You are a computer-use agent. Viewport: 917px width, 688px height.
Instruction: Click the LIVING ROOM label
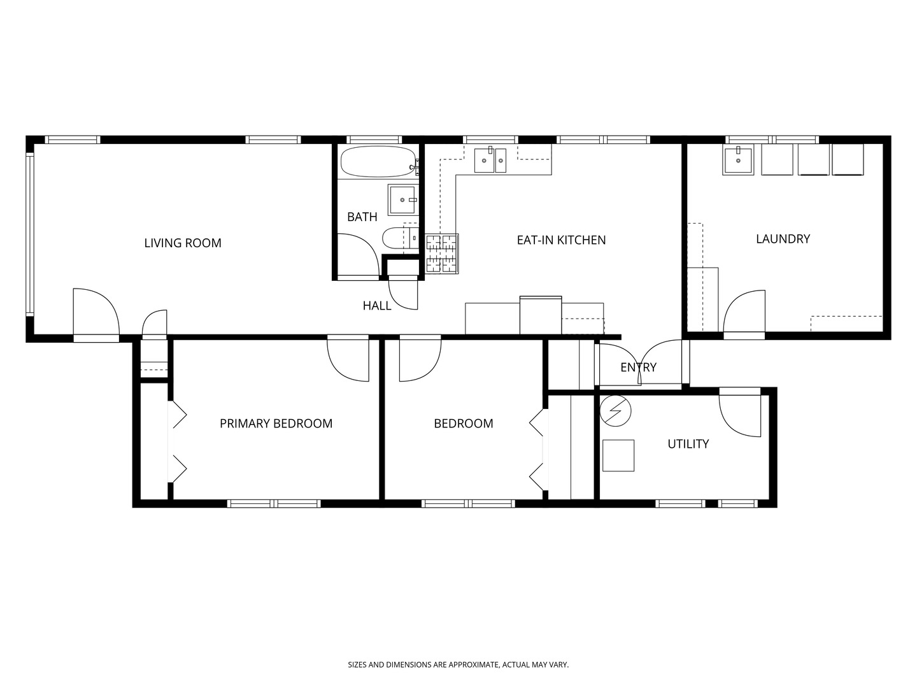point(183,243)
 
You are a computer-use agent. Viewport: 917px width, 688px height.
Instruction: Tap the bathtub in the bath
point(378,162)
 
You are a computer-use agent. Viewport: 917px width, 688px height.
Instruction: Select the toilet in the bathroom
point(400,238)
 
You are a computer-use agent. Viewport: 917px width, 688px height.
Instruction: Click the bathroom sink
point(402,200)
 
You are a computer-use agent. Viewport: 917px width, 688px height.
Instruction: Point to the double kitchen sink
point(490,159)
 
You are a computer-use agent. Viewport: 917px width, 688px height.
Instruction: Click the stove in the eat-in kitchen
point(442,254)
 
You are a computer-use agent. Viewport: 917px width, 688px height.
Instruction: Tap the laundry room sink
point(738,159)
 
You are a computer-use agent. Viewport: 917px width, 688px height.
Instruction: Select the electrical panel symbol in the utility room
point(615,411)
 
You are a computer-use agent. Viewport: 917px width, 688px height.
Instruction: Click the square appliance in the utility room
point(618,455)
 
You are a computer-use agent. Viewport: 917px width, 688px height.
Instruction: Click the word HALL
point(377,306)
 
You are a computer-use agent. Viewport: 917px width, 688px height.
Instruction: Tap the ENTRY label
point(638,367)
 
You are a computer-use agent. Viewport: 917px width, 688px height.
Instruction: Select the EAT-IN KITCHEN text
point(561,240)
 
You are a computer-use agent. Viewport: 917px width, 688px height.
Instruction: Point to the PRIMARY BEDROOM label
point(276,424)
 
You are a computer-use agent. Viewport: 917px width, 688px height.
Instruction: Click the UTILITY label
point(688,443)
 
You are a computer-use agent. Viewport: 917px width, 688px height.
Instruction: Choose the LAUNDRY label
point(783,238)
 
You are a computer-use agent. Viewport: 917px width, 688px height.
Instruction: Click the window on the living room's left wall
point(30,234)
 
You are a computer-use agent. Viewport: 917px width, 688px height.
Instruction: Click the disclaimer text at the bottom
point(458,664)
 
